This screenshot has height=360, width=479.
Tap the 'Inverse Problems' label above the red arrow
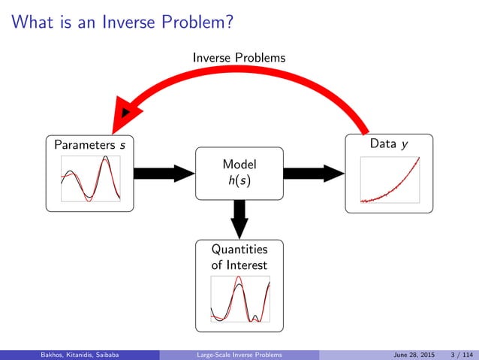tap(239, 57)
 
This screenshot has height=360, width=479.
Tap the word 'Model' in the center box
tap(239, 164)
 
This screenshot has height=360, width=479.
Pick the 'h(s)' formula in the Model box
tap(239, 181)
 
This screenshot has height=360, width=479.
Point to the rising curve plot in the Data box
tap(389, 179)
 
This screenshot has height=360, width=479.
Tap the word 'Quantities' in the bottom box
tap(239, 250)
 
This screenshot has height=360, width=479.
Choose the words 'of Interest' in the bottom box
tap(239, 265)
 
